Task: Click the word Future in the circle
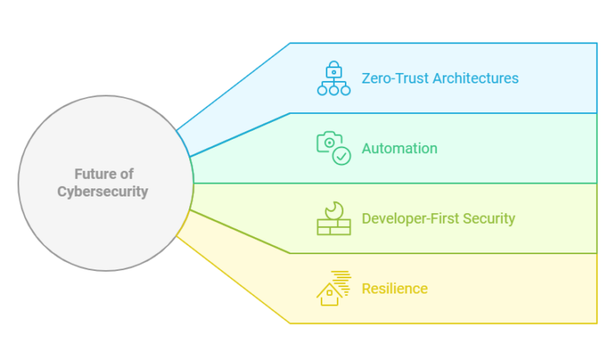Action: (93, 174)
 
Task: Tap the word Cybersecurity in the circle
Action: (103, 192)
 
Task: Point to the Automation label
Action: (399, 148)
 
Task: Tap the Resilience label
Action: (395, 288)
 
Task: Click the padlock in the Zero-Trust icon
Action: (334, 69)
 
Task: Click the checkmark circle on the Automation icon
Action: (342, 156)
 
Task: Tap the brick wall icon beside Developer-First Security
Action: (334, 227)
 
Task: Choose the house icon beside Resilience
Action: (329, 294)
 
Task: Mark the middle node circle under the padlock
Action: (334, 90)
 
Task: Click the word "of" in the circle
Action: (125, 174)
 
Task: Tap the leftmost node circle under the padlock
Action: (322, 90)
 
